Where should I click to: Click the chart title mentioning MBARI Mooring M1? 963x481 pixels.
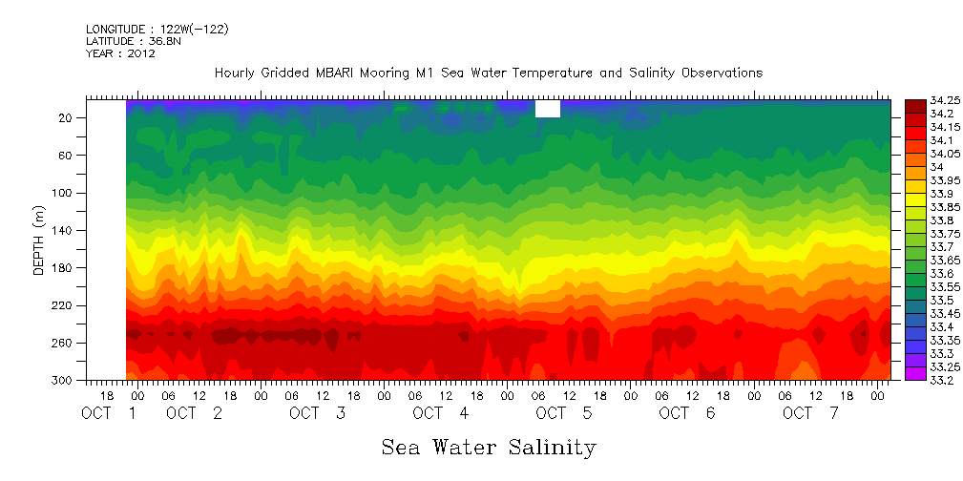pos(489,73)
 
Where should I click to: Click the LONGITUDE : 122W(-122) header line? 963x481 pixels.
pos(157,30)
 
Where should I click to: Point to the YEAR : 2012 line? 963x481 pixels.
pos(120,53)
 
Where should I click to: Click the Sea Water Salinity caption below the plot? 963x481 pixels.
pos(489,447)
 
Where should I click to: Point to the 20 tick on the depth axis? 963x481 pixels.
pos(66,117)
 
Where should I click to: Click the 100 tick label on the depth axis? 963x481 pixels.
pos(63,193)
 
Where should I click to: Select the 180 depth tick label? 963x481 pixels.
pos(63,268)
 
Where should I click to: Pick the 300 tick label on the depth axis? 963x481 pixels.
pos(63,381)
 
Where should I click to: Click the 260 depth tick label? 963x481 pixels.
pos(63,343)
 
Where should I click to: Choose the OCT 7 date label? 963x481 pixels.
pos(810,413)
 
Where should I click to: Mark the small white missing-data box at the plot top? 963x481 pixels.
pos(548,109)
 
